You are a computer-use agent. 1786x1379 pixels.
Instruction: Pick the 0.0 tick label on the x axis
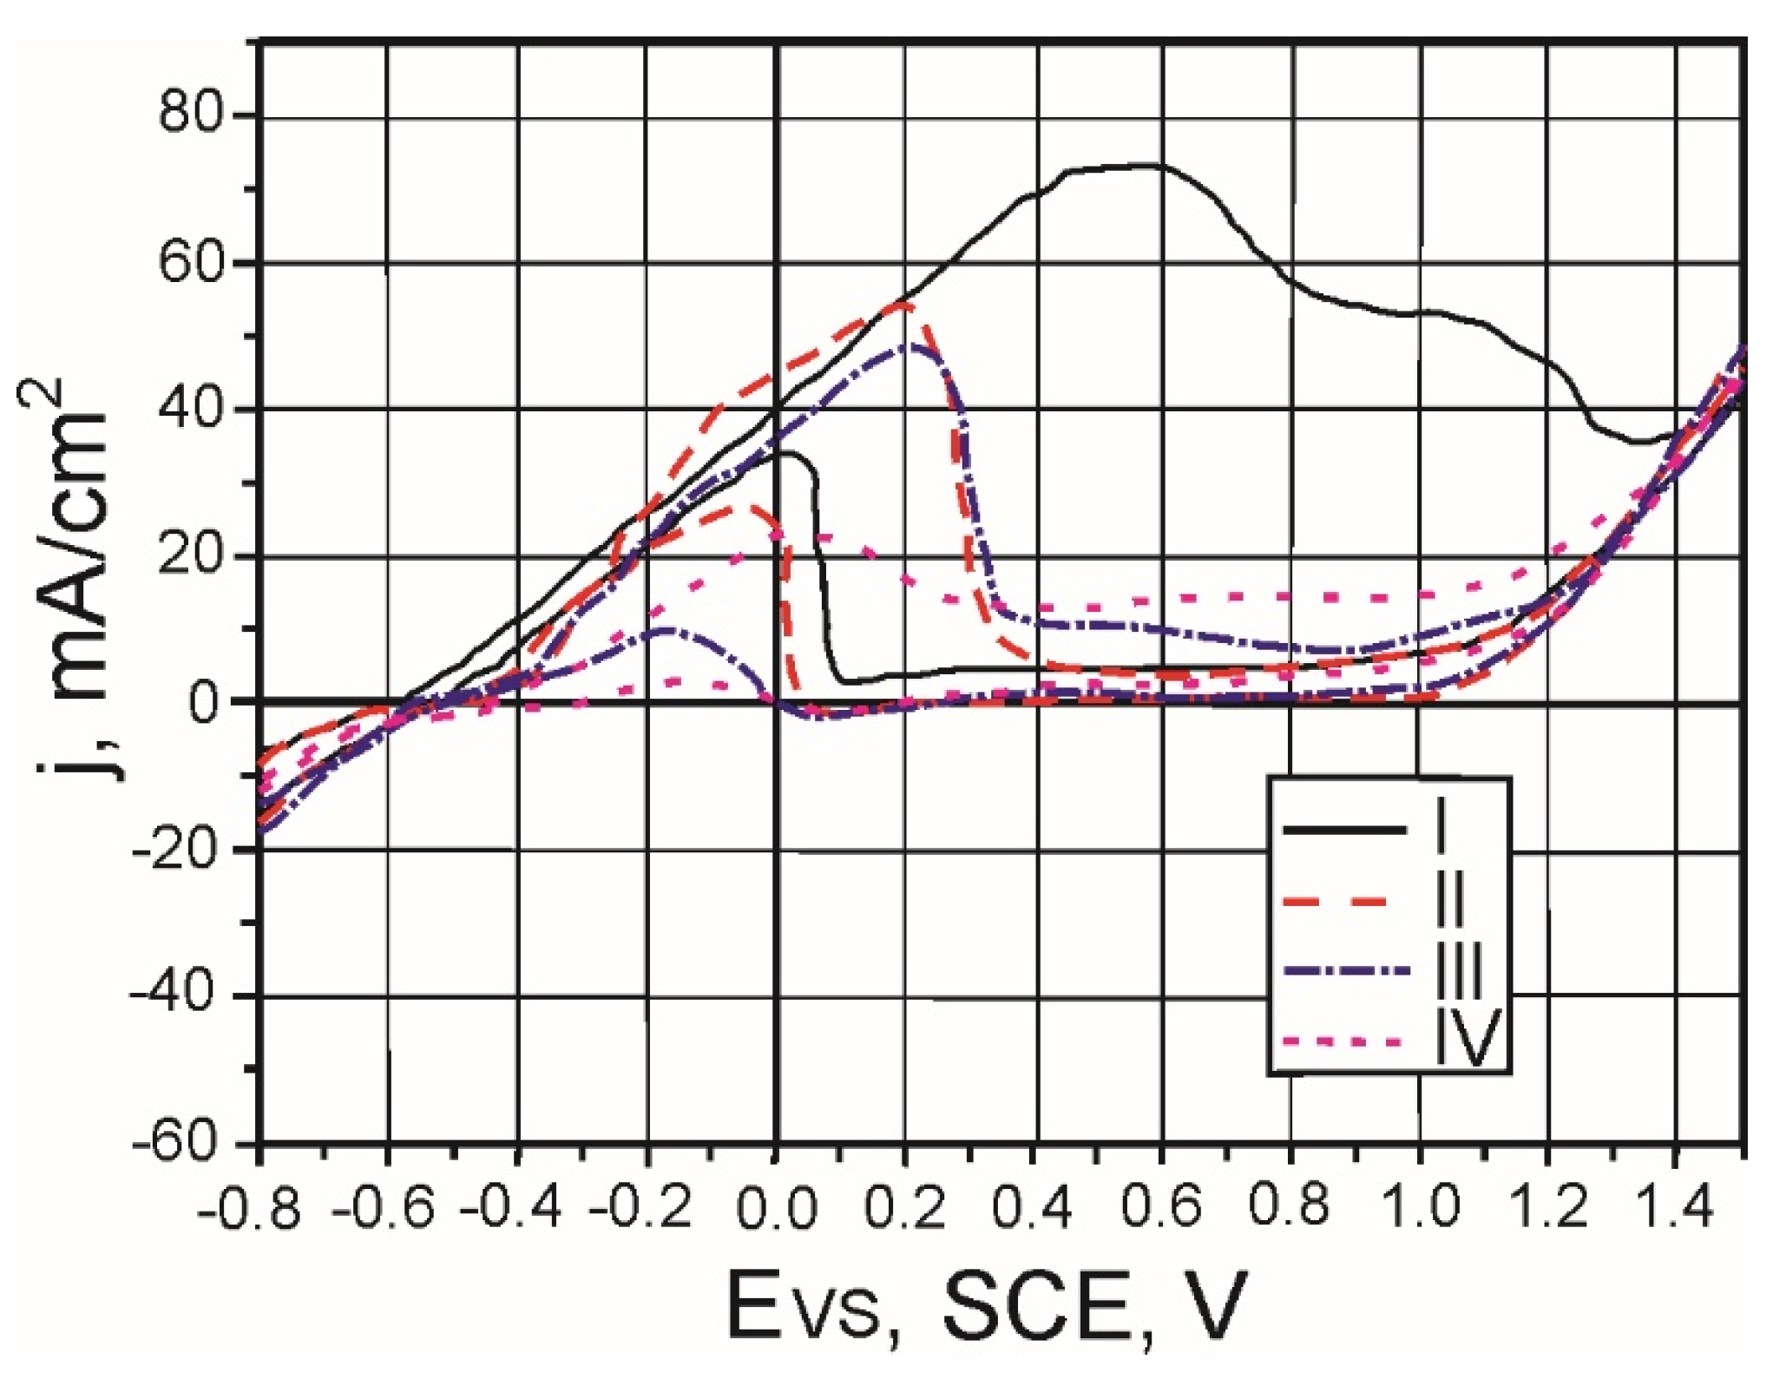pos(775,1206)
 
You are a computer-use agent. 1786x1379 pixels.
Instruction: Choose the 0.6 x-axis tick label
pos(1162,1206)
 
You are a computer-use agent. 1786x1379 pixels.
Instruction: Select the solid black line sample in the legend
pos(1344,831)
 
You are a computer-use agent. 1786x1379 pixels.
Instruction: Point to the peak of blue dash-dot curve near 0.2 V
pos(909,345)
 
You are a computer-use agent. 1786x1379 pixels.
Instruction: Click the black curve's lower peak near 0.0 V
pos(785,452)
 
